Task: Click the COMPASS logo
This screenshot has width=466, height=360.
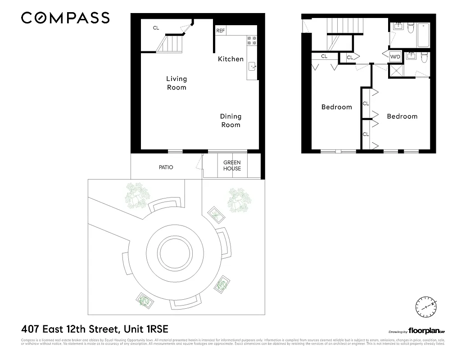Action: tap(65, 18)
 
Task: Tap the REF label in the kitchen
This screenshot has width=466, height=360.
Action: tap(220, 31)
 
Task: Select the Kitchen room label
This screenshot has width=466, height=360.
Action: tap(231, 59)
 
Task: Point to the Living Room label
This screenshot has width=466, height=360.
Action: tap(176, 83)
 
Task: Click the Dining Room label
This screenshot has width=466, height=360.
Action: tap(231, 121)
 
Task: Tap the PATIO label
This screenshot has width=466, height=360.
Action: tap(166, 167)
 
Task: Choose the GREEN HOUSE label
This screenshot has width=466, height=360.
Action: tap(232, 166)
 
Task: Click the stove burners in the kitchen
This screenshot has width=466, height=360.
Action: tap(252, 41)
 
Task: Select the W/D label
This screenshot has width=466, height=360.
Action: tap(395, 57)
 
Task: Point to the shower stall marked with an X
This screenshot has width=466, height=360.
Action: tap(396, 71)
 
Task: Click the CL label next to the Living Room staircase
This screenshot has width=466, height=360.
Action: tap(156, 28)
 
